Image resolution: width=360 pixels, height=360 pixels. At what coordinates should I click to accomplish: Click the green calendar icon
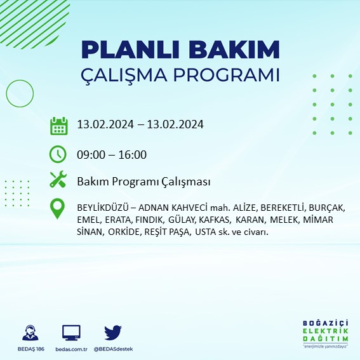coord(58,125)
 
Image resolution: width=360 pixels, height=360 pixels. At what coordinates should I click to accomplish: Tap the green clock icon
coord(58,154)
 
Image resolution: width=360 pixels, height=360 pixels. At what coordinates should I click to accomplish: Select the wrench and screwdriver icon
coord(58,181)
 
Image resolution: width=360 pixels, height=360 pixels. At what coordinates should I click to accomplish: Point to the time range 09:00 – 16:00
coord(112,154)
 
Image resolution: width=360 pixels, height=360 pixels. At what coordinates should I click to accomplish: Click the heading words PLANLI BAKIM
coord(180,50)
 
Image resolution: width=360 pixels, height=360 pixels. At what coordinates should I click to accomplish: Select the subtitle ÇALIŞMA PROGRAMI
coord(180,74)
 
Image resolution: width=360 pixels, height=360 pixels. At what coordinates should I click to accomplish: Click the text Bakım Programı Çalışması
coord(143,182)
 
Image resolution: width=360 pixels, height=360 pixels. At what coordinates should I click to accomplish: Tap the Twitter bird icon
coord(113,332)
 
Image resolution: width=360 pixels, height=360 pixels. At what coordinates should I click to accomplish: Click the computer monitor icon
coord(71,332)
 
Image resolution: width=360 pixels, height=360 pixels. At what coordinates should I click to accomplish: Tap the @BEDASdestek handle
coord(114,349)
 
